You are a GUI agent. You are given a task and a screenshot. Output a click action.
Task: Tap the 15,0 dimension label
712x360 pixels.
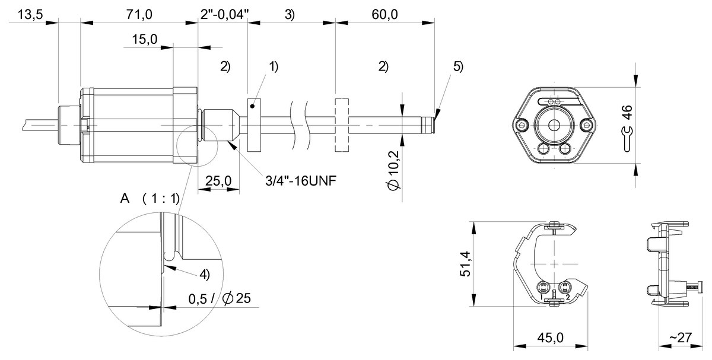click(x=144, y=40)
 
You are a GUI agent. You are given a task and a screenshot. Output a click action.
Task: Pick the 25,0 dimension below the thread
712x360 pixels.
click(x=218, y=180)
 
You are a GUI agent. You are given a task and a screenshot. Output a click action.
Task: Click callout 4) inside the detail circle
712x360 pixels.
click(x=204, y=275)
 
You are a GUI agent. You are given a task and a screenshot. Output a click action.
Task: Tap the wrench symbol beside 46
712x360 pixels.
click(x=626, y=138)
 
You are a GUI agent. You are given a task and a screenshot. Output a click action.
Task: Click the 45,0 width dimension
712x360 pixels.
click(x=550, y=337)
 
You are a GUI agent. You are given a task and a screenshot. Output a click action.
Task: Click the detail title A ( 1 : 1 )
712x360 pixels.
click(x=149, y=198)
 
